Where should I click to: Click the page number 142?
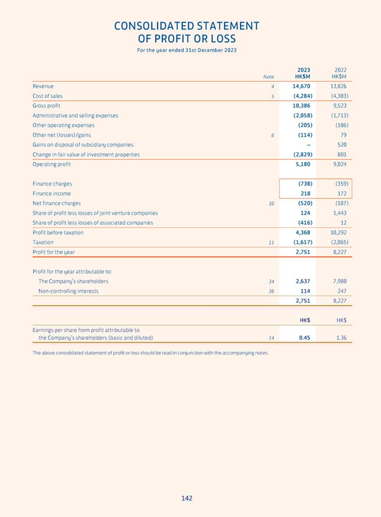tap(186, 499)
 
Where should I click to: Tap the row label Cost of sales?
tap(48, 96)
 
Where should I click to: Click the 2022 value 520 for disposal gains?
tap(342, 145)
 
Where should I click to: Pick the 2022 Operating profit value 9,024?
tap(338, 164)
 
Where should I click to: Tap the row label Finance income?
tap(52, 193)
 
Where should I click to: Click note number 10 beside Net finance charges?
tap(271, 203)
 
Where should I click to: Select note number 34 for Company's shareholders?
tap(271, 281)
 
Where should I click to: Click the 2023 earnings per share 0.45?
tap(304, 338)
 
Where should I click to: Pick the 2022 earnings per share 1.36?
tap(341, 338)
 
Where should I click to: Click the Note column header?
tap(269, 77)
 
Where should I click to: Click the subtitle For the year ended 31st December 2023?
tap(186, 50)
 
